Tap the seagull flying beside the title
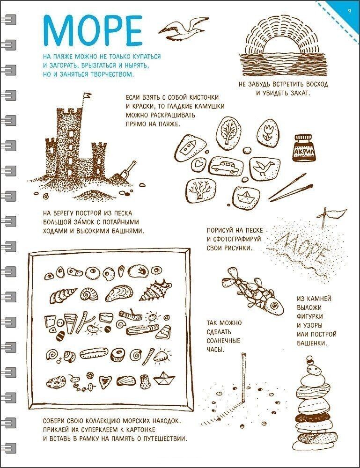click(x=183, y=29)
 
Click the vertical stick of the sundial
click(x=244, y=378)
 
